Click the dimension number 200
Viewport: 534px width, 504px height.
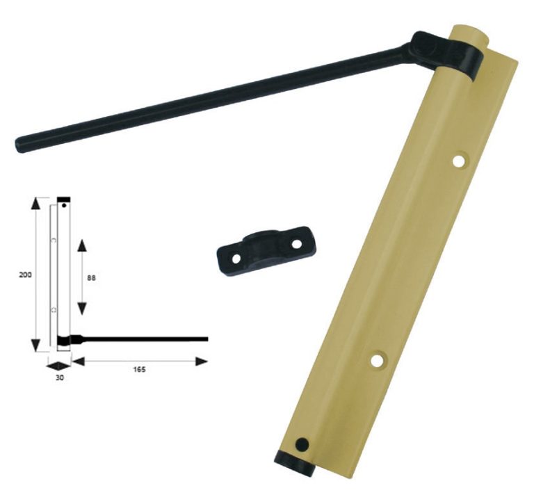25,275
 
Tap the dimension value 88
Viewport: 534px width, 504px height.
91,278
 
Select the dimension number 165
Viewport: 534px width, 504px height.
139,370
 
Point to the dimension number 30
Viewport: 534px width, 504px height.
60,377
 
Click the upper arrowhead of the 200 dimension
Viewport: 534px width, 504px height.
35,203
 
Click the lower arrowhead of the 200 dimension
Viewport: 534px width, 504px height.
35,346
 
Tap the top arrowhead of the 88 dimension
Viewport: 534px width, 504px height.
82,245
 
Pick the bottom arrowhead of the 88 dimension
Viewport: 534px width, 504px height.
82,309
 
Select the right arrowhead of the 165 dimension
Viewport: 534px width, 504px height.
201,361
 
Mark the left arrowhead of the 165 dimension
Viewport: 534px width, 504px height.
79,361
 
